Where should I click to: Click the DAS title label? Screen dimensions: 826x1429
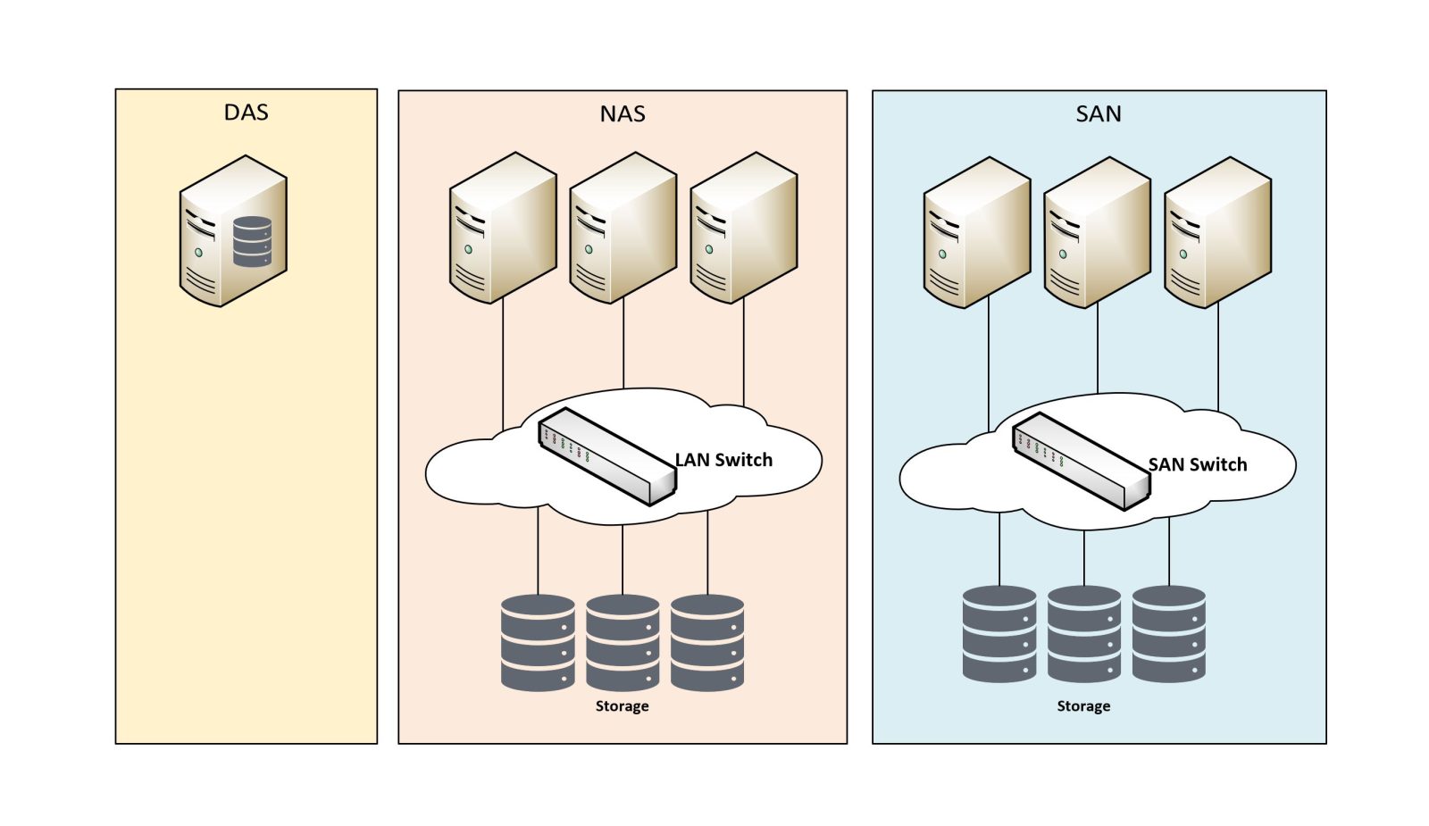click(246, 113)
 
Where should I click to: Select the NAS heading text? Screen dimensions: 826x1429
click(623, 114)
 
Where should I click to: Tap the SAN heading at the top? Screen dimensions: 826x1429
click(1099, 114)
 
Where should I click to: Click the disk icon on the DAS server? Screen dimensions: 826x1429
click(252, 242)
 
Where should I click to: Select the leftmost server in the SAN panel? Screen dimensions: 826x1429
click(976, 233)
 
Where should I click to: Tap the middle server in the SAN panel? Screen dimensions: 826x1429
click(1097, 233)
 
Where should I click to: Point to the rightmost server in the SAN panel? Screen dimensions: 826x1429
click(1217, 233)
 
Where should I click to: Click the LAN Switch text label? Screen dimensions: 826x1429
click(723, 460)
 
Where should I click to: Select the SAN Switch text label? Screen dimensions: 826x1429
click(1198, 464)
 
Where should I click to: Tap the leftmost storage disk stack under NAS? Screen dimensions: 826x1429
click(538, 642)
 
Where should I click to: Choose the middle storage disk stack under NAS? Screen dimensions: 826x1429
click(623, 642)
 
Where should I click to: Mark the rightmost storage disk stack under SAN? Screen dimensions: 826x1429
click(1169, 634)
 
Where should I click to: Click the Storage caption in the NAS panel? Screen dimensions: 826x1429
click(622, 706)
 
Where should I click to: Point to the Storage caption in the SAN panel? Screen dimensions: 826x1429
click(1083, 706)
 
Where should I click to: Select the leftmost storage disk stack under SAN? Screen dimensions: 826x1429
click(999, 634)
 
